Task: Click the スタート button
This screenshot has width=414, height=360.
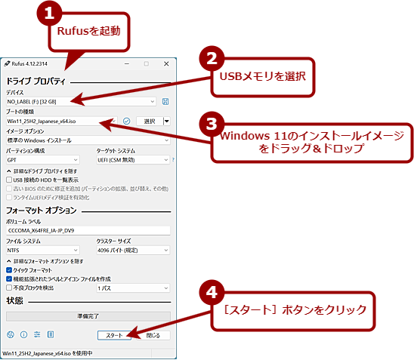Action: pyautogui.click(x=115, y=334)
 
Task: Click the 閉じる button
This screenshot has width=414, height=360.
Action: pyautogui.click(x=154, y=334)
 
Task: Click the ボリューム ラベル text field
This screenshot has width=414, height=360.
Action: pyautogui.click(x=88, y=229)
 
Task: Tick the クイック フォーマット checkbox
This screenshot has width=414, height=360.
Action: pyautogui.click(x=9, y=269)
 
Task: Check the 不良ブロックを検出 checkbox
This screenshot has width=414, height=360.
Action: pyautogui.click(x=9, y=288)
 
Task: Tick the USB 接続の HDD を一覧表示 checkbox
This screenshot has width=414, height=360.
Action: pyautogui.click(x=9, y=180)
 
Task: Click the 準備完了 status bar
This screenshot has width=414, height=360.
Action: pyautogui.click(x=88, y=316)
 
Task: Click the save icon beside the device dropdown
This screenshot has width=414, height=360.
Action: pyautogui.click(x=165, y=101)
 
